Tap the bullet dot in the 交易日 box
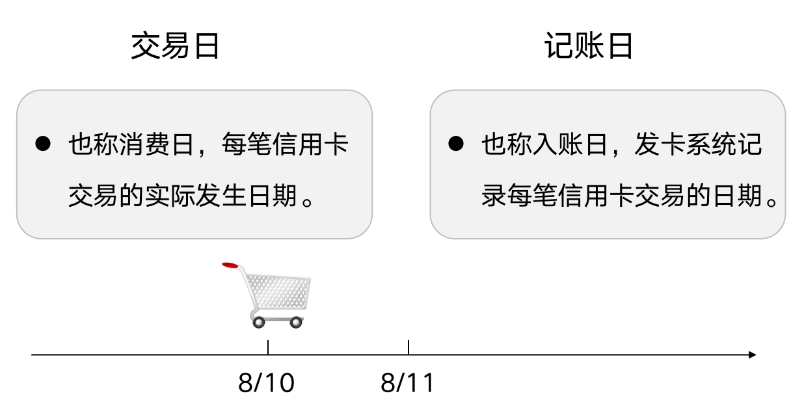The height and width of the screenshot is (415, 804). pyautogui.click(x=43, y=144)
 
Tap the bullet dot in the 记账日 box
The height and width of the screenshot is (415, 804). pyautogui.click(x=456, y=144)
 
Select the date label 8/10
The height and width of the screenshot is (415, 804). pyautogui.click(x=266, y=384)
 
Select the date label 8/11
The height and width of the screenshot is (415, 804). pyautogui.click(x=407, y=384)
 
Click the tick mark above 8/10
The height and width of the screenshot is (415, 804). pyautogui.click(x=268, y=347)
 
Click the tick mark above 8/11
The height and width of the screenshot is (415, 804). pyautogui.click(x=409, y=347)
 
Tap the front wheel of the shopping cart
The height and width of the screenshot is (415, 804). pyautogui.click(x=296, y=321)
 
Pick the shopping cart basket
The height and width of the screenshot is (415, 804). pyautogui.click(x=276, y=292)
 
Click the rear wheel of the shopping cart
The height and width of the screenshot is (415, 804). pyautogui.click(x=258, y=321)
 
